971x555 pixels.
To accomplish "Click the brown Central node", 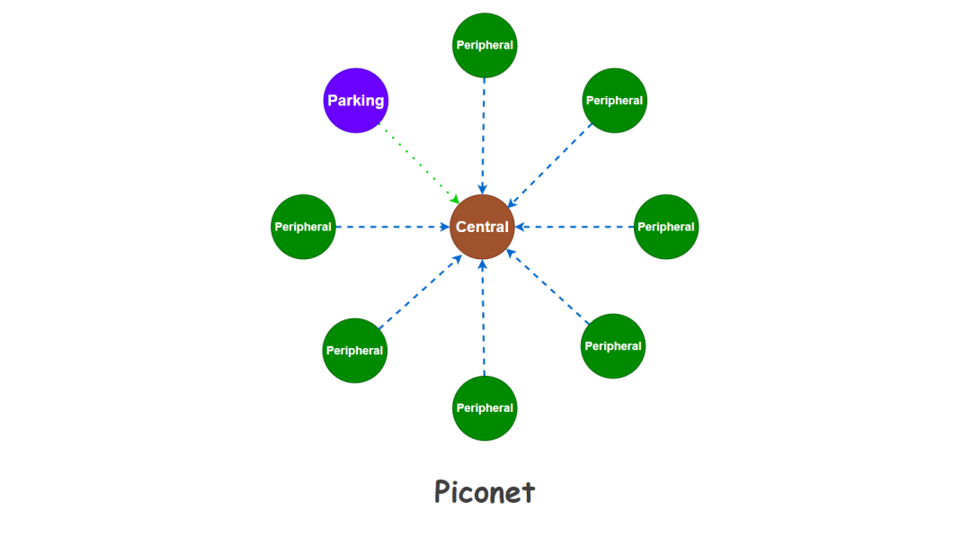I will coord(483,227).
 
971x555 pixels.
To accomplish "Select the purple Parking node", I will coord(356,100).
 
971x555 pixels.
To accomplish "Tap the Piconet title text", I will coord(485,492).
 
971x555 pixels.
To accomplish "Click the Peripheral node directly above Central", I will coord(485,45).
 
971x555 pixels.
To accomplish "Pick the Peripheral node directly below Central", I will coord(485,408).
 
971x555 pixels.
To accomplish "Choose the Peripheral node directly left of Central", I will coord(303,227).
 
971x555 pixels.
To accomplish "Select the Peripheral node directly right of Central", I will coord(666,227).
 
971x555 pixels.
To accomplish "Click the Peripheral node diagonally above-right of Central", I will coord(614,101).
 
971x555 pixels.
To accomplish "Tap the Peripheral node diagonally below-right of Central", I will coord(613,346).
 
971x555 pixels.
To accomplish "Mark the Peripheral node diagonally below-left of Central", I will coord(354,351).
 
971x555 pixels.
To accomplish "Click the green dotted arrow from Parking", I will coord(418,162).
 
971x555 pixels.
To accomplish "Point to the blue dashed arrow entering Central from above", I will coord(484,135).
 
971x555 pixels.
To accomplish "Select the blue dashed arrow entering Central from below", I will coord(484,319).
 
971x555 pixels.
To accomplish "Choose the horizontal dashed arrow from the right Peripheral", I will coord(575,227).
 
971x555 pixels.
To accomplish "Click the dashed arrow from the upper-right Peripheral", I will coord(550,166).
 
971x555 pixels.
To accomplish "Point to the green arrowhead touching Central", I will coord(455,199).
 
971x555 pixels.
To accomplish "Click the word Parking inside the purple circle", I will coord(356,101).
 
